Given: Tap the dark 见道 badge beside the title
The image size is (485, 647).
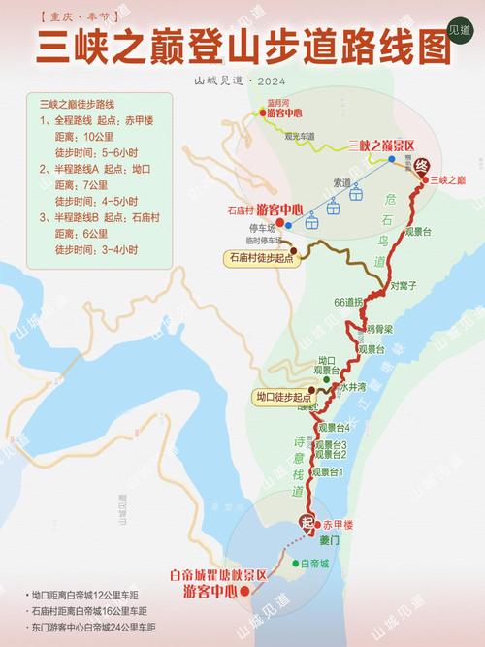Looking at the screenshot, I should click(463, 31).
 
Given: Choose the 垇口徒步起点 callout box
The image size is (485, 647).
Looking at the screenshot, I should click(285, 397).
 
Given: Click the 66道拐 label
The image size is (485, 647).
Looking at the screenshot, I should click(347, 303).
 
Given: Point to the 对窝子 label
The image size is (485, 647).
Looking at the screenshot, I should click(404, 286).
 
